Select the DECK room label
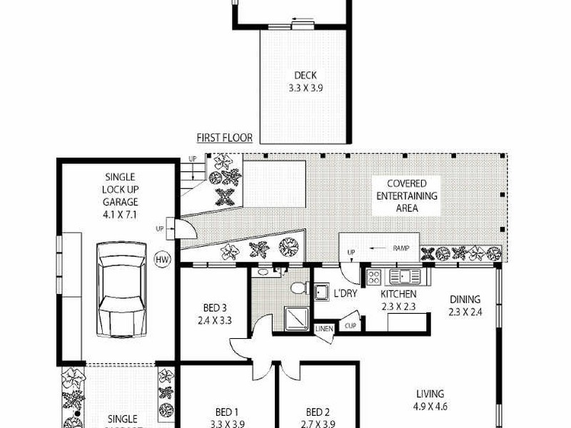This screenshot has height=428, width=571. pyautogui.click(x=305, y=76)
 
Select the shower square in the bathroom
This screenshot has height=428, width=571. pyautogui.click(x=295, y=317)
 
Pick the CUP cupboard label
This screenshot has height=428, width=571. pyautogui.click(x=350, y=325)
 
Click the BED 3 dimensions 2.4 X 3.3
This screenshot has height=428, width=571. pyautogui.click(x=214, y=320)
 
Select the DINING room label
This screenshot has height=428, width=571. pyautogui.click(x=465, y=300)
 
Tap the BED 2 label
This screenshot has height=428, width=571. pyautogui.click(x=318, y=412)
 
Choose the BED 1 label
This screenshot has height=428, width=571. pyautogui.click(x=226, y=412)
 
